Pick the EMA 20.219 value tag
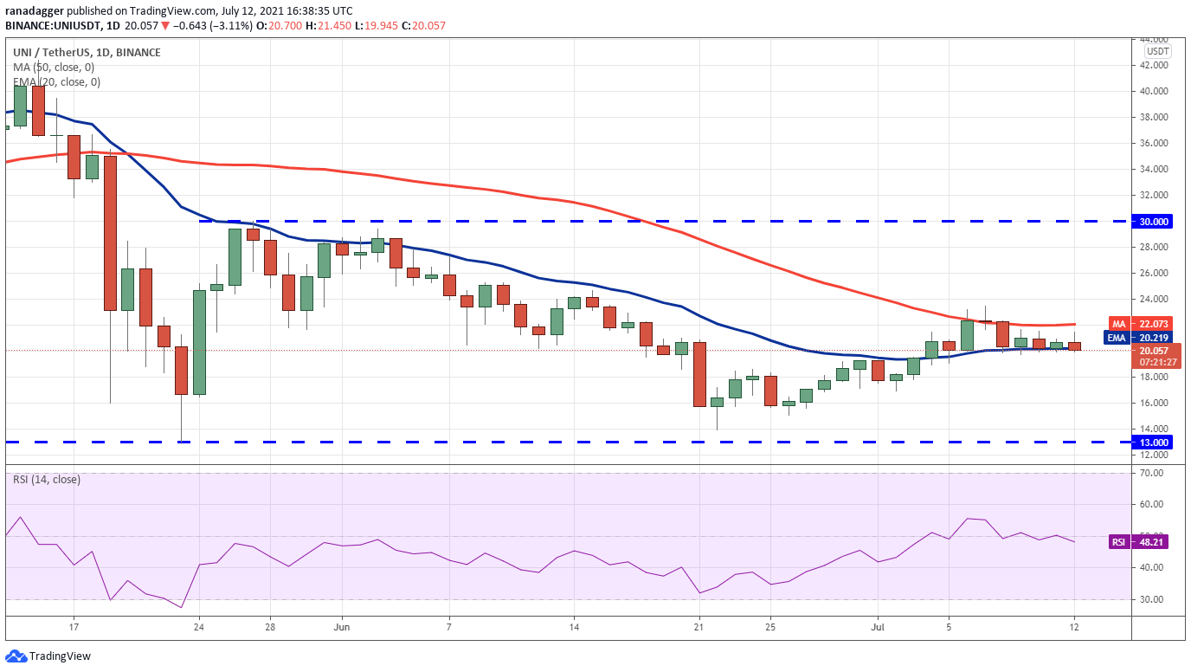[1138, 338]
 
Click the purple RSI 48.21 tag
[1138, 542]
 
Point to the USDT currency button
[1157, 51]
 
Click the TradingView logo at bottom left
[48, 656]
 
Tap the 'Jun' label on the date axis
[341, 627]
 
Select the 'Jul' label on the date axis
[878, 627]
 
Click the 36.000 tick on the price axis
[1153, 143]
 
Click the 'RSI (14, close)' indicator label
[47, 480]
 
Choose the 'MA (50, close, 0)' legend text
[54, 67]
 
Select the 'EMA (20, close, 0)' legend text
[56, 82]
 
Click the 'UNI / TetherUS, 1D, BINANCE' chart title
[87, 52]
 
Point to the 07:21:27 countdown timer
[1157, 362]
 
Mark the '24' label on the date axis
[199, 627]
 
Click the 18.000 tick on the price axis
[1153, 377]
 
